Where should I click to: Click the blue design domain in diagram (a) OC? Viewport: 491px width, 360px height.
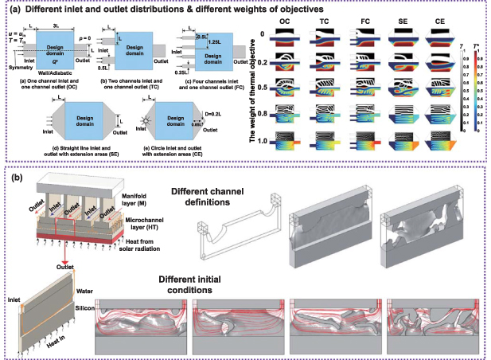63,44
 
